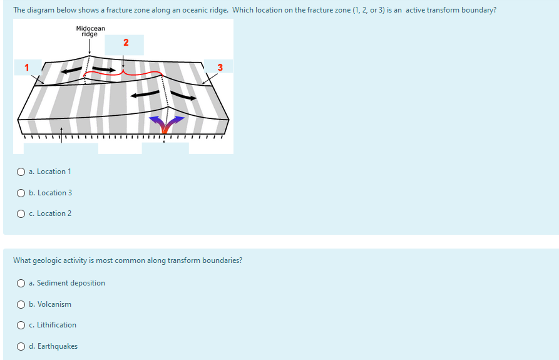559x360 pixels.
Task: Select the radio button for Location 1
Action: click(21, 172)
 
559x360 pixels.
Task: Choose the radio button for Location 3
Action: click(21, 193)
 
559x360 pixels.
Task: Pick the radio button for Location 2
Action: click(21, 213)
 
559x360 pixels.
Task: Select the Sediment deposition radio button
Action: click(21, 283)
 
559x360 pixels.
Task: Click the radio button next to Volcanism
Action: click(21, 304)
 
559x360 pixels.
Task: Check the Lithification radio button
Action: click(21, 325)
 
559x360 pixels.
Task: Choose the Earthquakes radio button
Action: click(21, 346)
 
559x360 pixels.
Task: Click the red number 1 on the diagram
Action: click(26, 67)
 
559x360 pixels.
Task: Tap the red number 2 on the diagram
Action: click(126, 43)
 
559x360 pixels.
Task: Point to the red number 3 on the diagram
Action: click(220, 67)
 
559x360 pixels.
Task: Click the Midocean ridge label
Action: click(90, 31)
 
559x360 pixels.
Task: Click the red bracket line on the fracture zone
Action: click(122, 74)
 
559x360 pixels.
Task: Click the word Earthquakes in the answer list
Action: click(58, 346)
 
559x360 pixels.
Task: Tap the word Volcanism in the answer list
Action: click(54, 304)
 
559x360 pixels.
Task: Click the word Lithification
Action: click(57, 325)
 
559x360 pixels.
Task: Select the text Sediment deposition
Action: click(71, 283)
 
